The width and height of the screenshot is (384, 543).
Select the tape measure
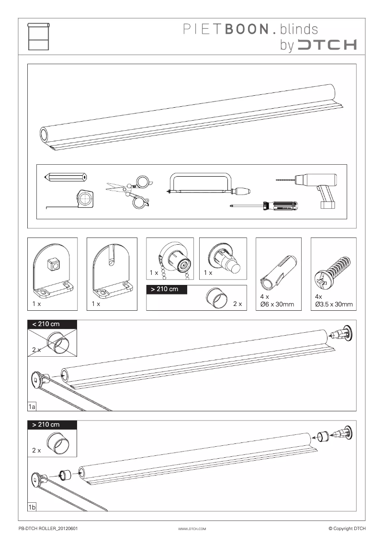(x=85, y=199)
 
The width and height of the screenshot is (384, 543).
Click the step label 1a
(x=32, y=407)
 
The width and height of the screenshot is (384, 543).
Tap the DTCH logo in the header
(x=327, y=45)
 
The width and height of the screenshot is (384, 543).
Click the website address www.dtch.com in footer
(x=192, y=529)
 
